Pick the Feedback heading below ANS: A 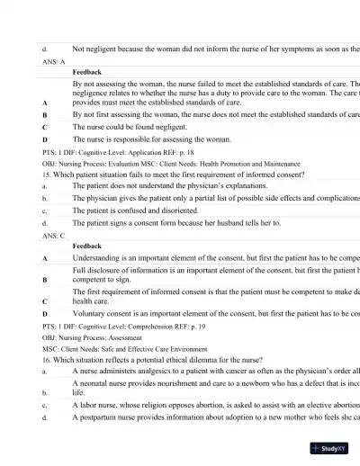coord(87,71)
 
